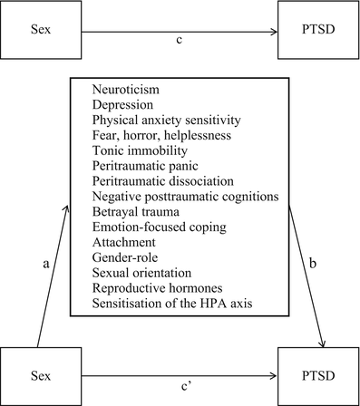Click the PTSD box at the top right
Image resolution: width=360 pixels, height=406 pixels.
(x=317, y=32)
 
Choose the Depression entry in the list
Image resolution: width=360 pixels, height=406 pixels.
(x=124, y=108)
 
